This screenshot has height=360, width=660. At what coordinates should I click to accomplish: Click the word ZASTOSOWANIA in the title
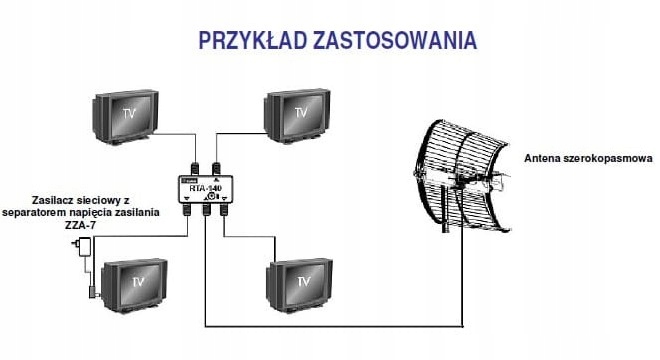point(394,41)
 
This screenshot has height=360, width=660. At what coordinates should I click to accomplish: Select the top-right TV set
point(299,117)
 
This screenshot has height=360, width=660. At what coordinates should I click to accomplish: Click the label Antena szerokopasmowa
point(588,158)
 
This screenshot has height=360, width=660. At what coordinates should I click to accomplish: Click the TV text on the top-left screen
point(127,114)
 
